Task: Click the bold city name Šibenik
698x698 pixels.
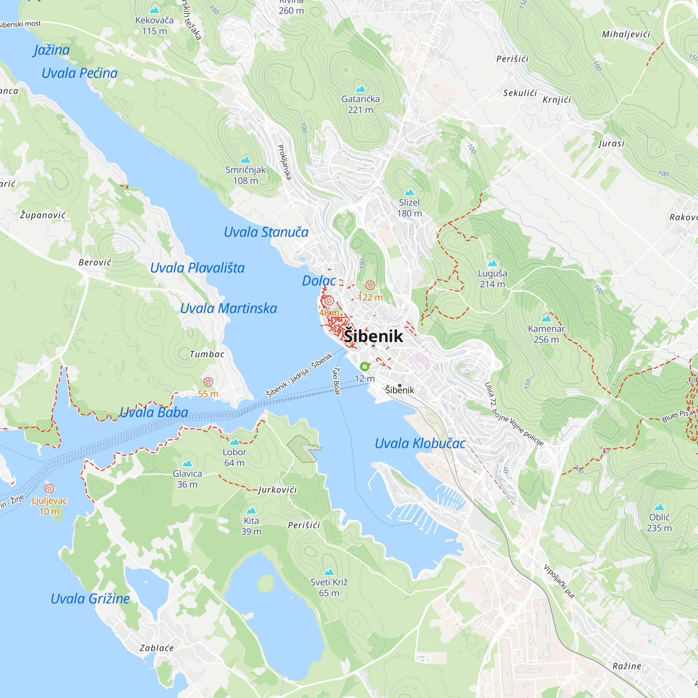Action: tap(373, 336)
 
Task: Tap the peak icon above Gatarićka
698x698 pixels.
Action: tap(361, 89)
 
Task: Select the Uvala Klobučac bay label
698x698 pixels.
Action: tap(420, 443)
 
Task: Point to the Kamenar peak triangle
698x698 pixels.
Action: tap(546, 318)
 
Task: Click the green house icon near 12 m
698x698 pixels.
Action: tap(365, 367)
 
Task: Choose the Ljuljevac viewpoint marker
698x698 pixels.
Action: tap(50, 489)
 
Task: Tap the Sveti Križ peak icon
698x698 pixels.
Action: tap(329, 572)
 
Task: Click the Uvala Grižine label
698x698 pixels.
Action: tap(90, 599)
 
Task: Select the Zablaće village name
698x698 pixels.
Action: tap(157, 648)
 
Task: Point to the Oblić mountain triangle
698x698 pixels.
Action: tap(659, 507)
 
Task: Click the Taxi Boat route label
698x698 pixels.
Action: tap(337, 381)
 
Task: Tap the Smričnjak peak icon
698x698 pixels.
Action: tap(246, 160)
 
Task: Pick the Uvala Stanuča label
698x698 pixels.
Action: tap(266, 232)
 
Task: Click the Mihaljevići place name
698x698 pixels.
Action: tap(626, 34)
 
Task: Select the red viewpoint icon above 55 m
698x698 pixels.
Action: tap(208, 382)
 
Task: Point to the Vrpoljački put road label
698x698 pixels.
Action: tap(559, 582)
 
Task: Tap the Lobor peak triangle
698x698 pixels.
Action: tap(235, 442)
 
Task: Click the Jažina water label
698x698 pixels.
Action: tap(52, 50)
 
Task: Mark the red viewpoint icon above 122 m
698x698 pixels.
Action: tap(370, 285)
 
